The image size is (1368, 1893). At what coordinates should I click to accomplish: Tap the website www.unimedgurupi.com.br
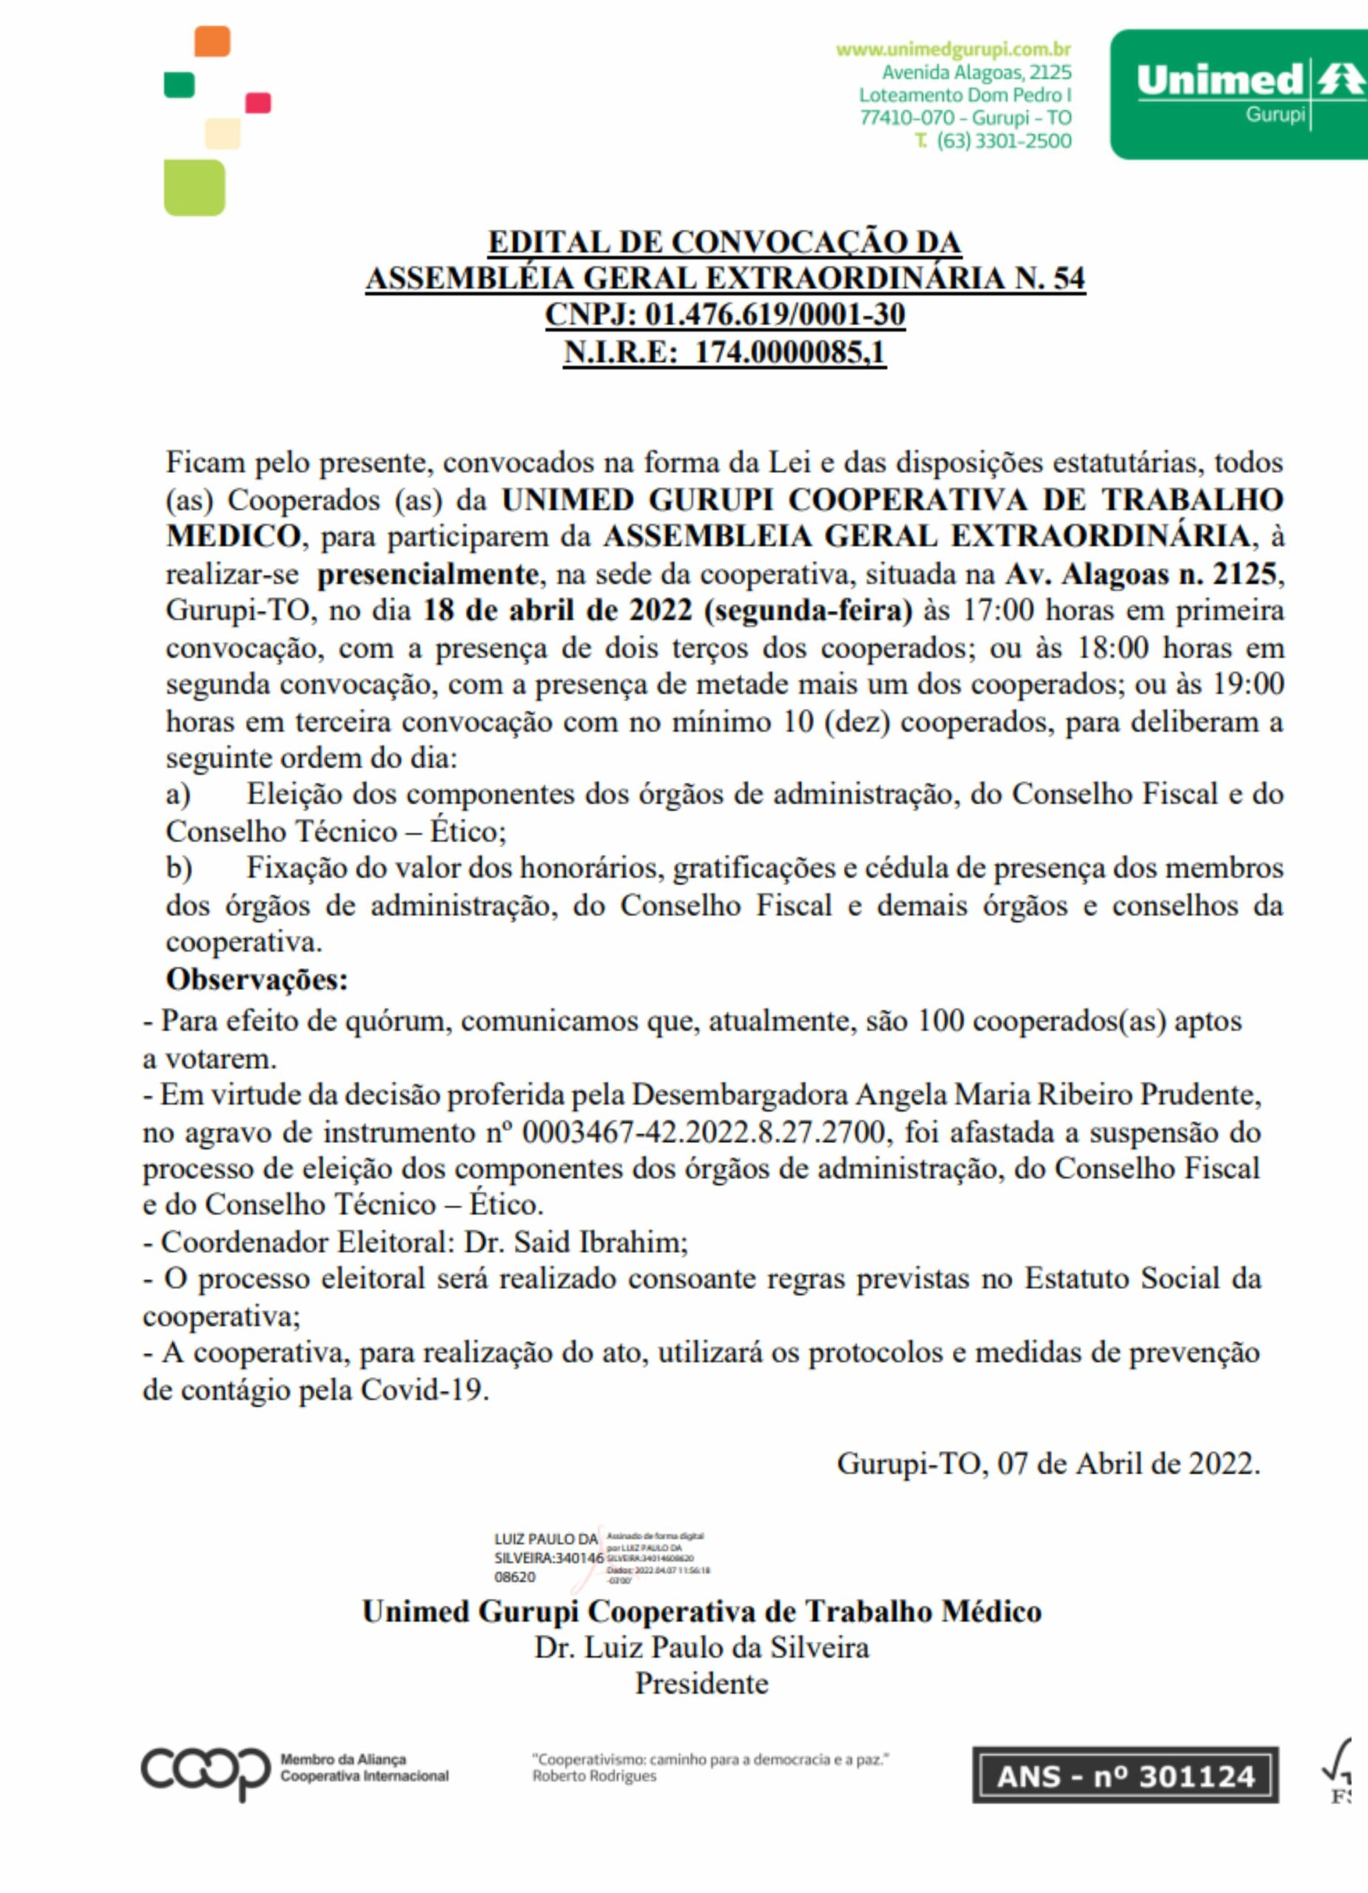click(x=953, y=50)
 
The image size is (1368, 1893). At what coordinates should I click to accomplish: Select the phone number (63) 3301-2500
click(x=1003, y=140)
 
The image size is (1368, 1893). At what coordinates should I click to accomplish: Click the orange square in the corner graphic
click(x=212, y=41)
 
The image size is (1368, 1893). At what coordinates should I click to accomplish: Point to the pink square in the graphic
click(x=258, y=103)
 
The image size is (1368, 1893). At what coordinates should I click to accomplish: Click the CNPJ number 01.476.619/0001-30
click(x=774, y=315)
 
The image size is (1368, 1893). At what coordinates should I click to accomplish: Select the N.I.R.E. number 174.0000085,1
click(x=790, y=351)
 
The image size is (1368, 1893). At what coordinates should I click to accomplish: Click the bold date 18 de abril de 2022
click(x=558, y=610)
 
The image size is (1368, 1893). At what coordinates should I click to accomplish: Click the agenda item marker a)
click(x=177, y=793)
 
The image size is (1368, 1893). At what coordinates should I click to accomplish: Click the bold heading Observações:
click(x=257, y=979)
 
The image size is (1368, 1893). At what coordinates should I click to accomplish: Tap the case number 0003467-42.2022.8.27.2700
click(x=704, y=1132)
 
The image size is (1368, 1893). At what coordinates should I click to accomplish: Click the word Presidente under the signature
click(x=701, y=1684)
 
